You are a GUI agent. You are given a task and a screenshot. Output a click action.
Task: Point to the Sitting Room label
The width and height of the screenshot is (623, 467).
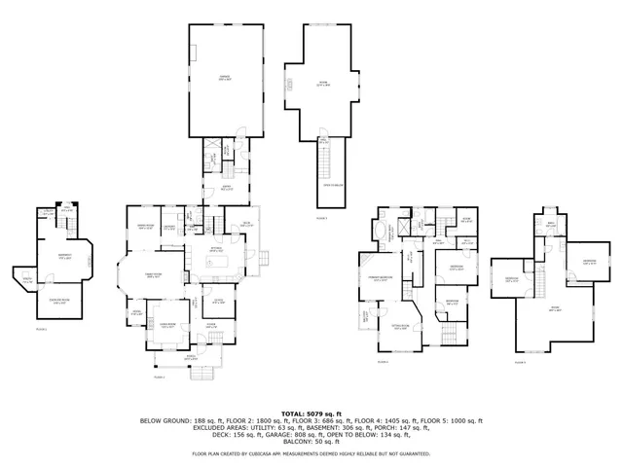tap(400, 328)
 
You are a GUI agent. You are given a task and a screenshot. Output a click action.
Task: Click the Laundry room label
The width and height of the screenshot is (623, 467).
tap(168, 227)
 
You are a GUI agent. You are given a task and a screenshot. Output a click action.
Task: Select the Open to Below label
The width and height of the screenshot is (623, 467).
tap(332, 185)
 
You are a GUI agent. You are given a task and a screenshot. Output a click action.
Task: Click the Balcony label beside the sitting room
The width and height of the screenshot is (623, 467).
tap(366, 315)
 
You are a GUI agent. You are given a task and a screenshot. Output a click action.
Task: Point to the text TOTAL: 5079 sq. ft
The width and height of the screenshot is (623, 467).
tap(311, 413)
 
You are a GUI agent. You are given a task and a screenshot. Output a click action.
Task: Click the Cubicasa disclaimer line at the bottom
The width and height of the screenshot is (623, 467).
tap(311, 454)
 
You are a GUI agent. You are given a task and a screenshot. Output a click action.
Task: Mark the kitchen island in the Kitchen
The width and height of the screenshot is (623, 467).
tap(218, 261)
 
